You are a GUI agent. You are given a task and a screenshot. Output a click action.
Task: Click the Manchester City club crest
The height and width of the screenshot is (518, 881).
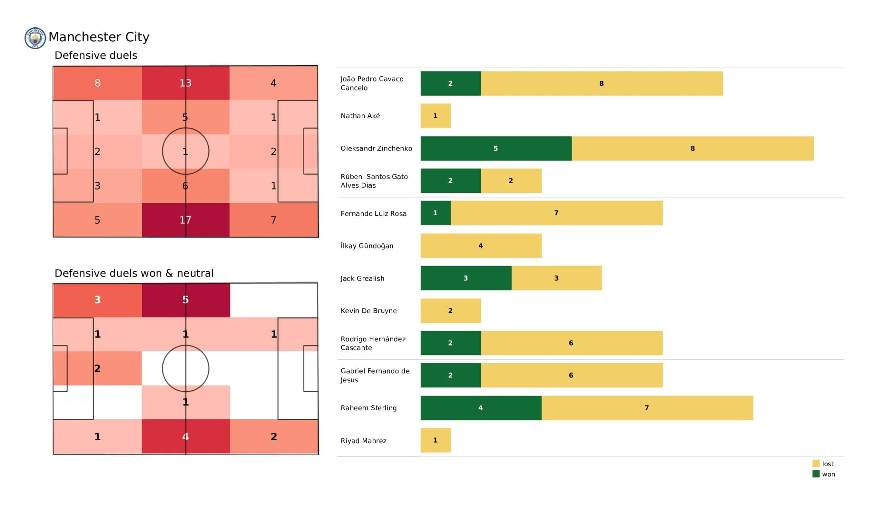coord(35,38)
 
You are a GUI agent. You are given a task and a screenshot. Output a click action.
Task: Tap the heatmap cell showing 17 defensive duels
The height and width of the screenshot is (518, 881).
coord(185,220)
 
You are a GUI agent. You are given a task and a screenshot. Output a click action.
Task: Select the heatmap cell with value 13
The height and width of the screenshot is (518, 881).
coord(185,83)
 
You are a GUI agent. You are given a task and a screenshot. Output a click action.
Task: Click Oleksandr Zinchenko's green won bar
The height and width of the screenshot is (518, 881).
coord(496,148)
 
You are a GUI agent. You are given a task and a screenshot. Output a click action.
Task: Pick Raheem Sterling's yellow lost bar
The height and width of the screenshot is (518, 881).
coord(647,408)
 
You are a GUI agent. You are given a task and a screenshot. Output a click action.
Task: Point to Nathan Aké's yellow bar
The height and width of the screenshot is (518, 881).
coord(436,115)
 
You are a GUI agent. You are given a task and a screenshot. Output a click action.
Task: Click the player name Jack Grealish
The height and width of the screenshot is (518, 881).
coord(362,278)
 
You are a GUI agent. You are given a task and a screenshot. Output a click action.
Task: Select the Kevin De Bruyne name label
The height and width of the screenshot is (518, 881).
coord(369,310)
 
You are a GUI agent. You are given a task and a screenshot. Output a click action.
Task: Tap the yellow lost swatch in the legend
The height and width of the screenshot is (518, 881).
coord(816,463)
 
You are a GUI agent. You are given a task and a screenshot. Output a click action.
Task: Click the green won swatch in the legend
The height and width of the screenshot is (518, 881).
coord(816,474)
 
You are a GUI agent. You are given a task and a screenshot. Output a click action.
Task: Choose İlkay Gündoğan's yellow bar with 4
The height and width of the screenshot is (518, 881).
coord(481,246)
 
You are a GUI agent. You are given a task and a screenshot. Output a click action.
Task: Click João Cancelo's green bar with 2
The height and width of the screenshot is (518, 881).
coord(450,83)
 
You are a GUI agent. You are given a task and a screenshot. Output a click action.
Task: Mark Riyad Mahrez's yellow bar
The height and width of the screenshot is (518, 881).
coord(436,440)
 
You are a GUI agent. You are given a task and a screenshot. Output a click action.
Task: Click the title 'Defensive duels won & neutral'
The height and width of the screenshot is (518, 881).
coord(134,273)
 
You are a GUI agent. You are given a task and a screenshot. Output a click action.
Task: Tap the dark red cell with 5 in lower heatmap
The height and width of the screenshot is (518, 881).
coord(185,300)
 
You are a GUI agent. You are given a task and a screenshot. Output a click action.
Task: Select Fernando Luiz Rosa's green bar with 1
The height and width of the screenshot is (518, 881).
coord(436,213)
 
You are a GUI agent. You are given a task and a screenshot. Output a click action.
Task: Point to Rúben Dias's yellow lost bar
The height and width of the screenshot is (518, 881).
coord(511,180)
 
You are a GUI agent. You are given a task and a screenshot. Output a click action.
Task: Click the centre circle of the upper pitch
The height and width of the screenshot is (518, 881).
coord(185,151)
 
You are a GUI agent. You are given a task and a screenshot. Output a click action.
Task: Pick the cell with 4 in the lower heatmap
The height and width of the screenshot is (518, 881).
coord(185,436)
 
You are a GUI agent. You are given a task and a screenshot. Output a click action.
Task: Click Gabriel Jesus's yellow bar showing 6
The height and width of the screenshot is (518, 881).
coord(571,375)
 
